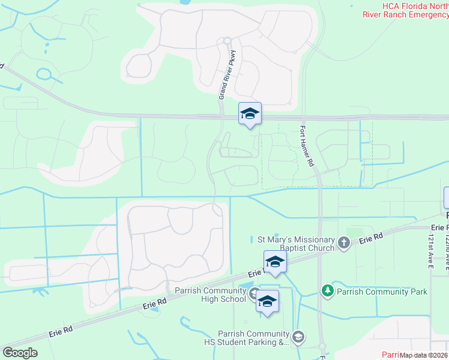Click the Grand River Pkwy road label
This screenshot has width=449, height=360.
point(229,75)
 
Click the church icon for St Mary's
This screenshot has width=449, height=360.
point(344,243)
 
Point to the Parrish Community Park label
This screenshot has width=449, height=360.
point(381,292)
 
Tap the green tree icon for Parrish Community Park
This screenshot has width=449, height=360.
point(328,291)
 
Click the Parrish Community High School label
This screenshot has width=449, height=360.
point(210,295)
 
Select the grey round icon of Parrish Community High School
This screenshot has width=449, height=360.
point(255,294)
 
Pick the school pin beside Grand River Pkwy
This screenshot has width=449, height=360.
point(250,113)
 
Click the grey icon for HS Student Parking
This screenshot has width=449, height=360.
point(298,337)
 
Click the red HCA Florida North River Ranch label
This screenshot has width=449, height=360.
point(406,10)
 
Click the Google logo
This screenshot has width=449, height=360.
point(20,353)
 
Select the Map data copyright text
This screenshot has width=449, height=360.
point(424,355)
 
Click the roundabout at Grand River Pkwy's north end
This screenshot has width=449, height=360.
point(228,41)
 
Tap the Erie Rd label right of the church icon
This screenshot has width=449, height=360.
point(371,239)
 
